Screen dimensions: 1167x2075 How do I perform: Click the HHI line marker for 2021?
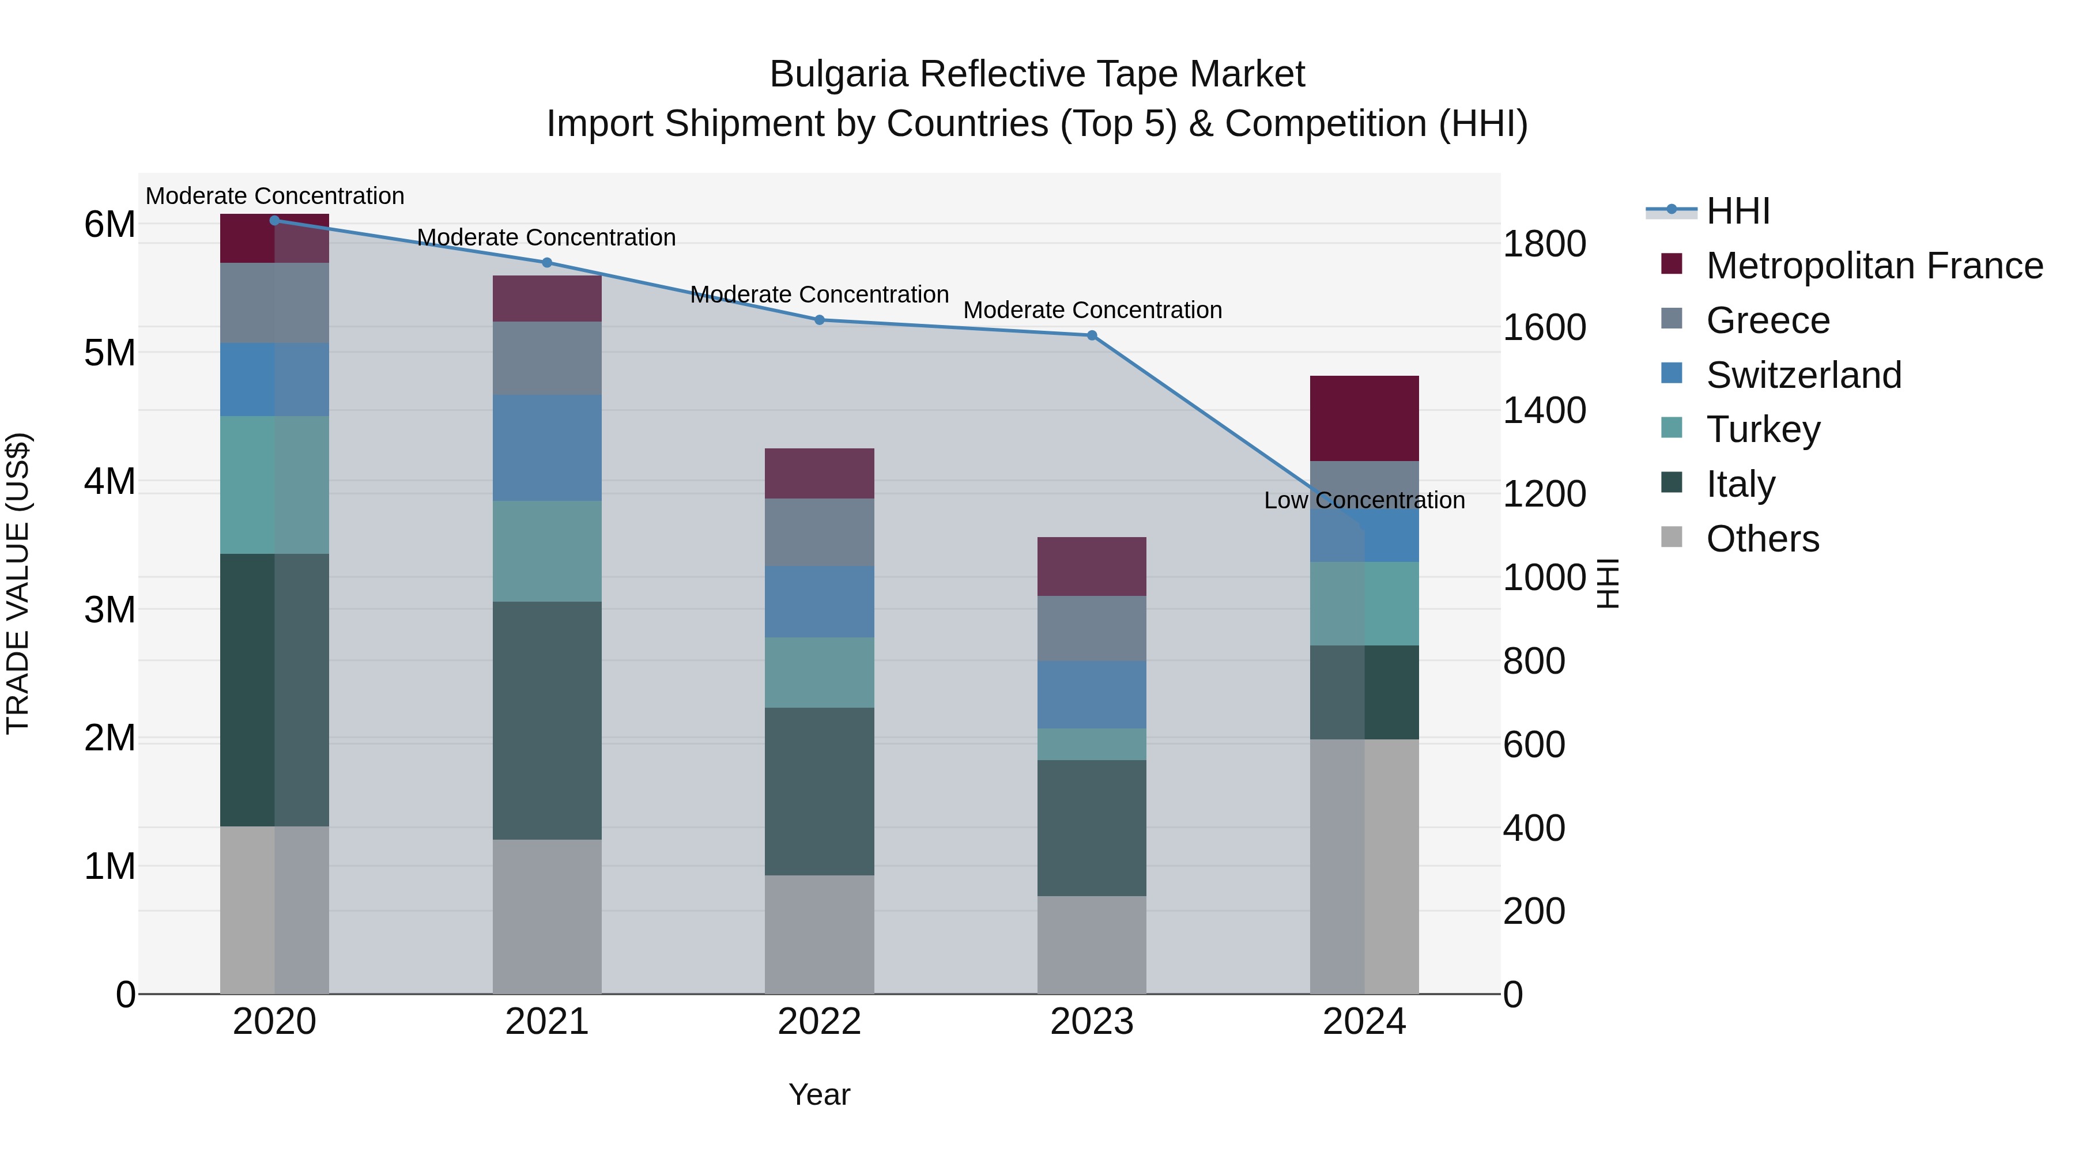click(x=547, y=263)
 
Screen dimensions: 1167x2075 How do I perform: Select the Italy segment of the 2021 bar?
click(x=547, y=721)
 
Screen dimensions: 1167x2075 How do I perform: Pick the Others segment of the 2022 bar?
click(x=819, y=934)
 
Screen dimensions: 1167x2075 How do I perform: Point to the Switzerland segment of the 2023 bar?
click(x=1092, y=694)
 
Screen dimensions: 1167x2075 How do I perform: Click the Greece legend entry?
click(x=1767, y=320)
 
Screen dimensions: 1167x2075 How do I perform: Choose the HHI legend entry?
click(x=1737, y=211)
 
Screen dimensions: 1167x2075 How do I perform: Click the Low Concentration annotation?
click(x=1364, y=500)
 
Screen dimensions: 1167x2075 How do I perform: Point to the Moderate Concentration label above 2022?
click(x=819, y=294)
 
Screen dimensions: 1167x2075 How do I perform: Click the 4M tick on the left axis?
click(x=110, y=482)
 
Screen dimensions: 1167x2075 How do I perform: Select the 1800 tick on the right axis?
click(x=1544, y=244)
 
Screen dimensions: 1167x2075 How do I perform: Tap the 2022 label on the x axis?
click(x=819, y=1022)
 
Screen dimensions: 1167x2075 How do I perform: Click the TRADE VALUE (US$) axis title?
click(x=18, y=583)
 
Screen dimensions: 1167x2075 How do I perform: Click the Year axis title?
click(x=819, y=1094)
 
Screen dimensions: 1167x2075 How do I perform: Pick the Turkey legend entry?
click(x=1763, y=429)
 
